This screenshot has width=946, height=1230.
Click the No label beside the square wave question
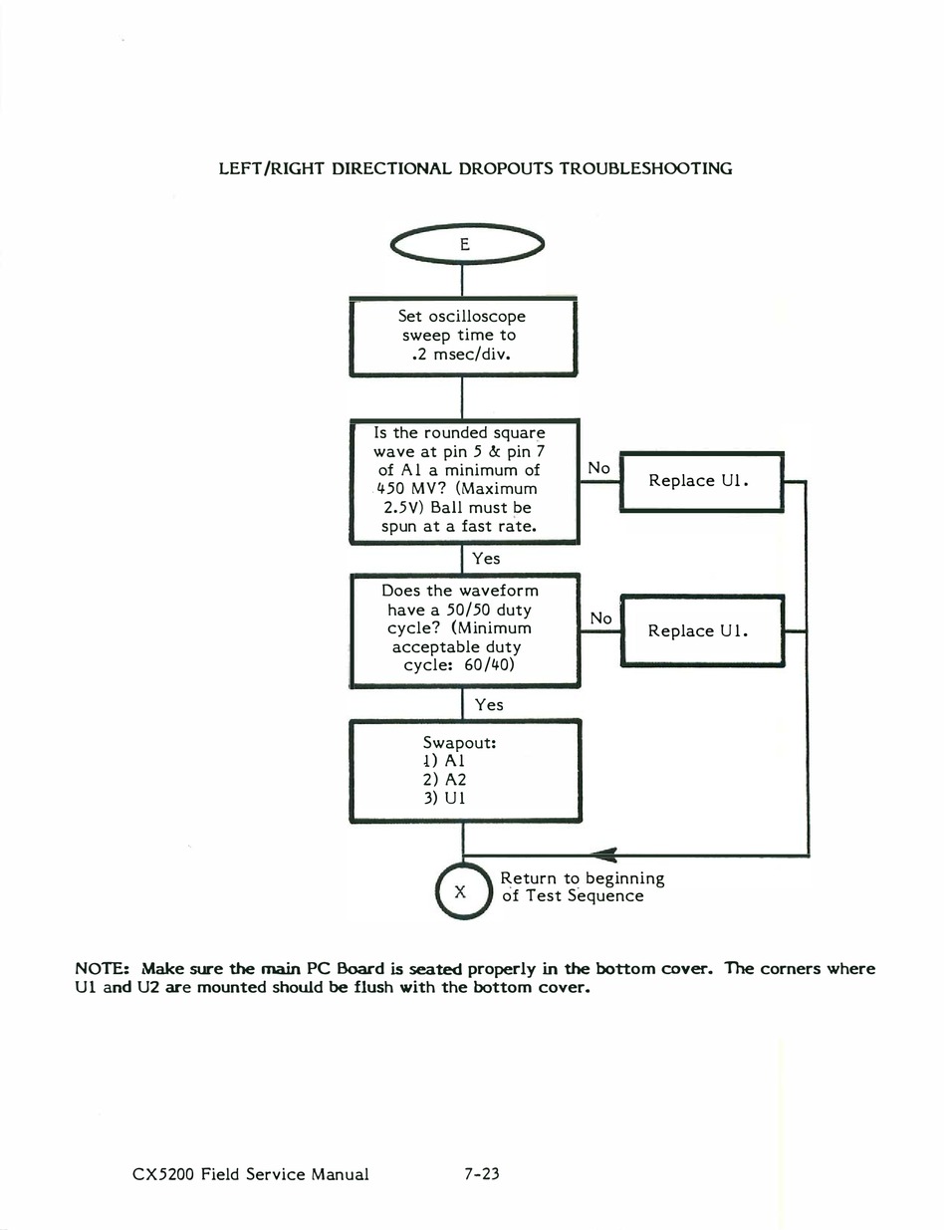(x=598, y=468)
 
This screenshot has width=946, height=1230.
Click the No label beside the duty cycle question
(x=600, y=618)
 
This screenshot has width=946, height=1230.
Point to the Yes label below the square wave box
(x=487, y=559)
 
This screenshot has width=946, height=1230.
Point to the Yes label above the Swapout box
(x=489, y=705)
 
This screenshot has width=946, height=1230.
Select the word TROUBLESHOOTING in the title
(x=645, y=168)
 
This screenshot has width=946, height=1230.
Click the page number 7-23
(x=482, y=1174)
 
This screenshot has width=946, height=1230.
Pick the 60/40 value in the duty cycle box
(x=489, y=664)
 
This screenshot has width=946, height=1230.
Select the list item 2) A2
(x=445, y=780)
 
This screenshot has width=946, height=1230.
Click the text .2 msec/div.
(x=461, y=355)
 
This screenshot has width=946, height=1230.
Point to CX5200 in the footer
(x=163, y=1174)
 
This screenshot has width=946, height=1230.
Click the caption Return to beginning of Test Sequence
(x=583, y=887)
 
